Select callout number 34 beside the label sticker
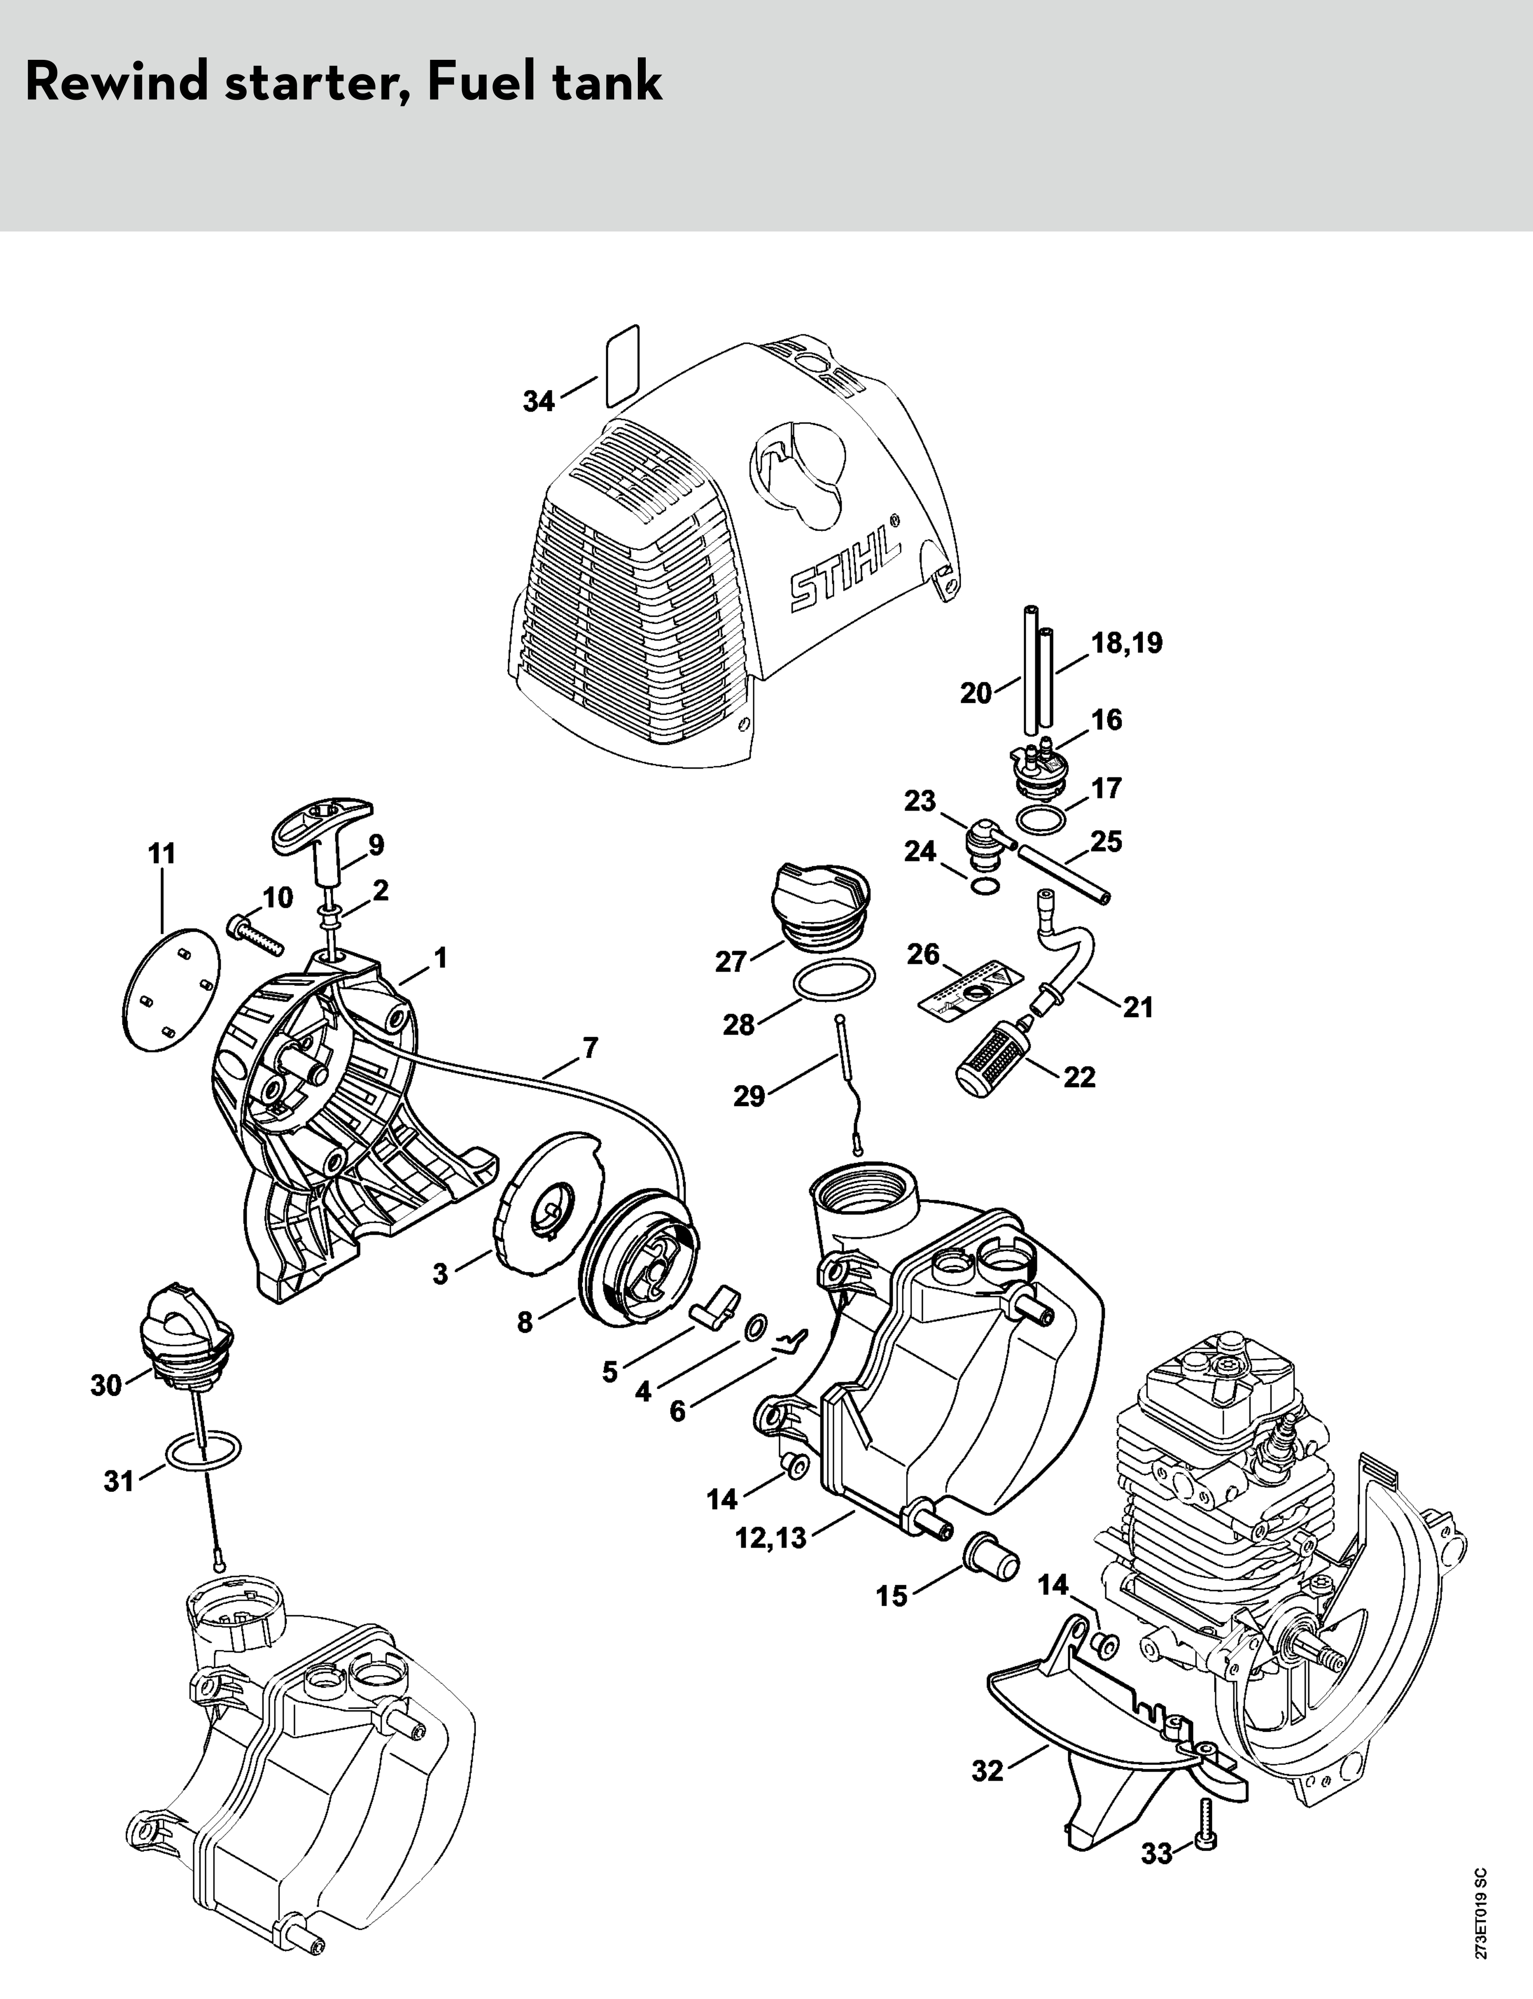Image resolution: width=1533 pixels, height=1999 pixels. [x=538, y=401]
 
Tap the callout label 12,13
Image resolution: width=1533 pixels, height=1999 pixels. [x=771, y=1538]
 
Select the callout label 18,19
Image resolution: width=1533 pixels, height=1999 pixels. [x=1128, y=643]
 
